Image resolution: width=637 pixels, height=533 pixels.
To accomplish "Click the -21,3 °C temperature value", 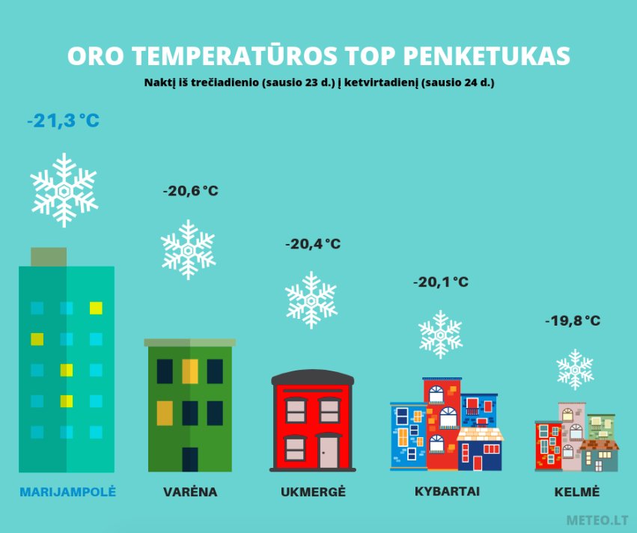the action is [x=63, y=121].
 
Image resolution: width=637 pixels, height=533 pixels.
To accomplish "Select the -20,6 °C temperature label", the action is [x=191, y=191].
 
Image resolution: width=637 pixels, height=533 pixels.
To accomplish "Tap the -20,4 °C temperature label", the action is [x=313, y=244].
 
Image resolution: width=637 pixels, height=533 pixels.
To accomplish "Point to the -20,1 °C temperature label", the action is [x=441, y=281].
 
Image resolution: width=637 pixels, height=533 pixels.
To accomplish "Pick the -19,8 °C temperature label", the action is [x=573, y=320].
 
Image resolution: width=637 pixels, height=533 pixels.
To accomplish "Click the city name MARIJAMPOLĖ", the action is [x=68, y=492].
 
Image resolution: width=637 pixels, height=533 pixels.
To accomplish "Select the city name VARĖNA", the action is [x=190, y=492].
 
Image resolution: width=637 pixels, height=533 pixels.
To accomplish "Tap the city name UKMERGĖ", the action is [x=313, y=492].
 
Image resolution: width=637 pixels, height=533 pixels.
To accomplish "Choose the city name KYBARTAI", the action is [x=448, y=491].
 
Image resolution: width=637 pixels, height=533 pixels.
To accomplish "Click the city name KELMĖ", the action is [x=577, y=492].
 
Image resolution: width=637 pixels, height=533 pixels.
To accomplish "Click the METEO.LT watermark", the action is [x=597, y=520].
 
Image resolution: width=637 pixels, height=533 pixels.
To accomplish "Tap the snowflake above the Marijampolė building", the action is [x=64, y=190].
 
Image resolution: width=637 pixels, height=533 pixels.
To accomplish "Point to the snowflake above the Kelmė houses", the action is [x=575, y=369].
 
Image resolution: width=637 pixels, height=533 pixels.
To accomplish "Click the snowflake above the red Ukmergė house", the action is [x=311, y=300].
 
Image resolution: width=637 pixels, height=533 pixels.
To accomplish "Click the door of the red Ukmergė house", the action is [x=329, y=451].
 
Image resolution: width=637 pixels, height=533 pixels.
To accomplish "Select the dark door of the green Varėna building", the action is [x=190, y=460].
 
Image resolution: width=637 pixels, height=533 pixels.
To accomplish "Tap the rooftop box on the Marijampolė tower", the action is [x=49, y=257].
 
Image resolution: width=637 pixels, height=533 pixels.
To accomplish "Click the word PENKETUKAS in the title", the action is [x=487, y=55].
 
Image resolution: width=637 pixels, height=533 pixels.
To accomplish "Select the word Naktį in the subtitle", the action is [x=159, y=82].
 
